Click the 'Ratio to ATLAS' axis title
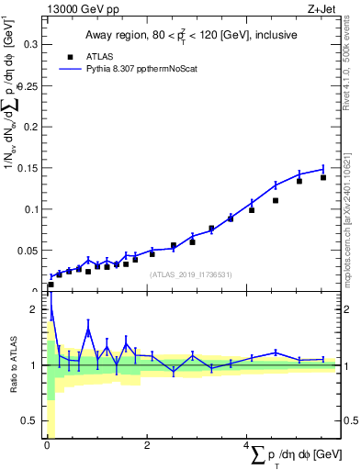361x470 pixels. (x=14, y=365)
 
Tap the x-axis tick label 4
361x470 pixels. (x=246, y=445)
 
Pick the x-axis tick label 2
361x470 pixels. (x=147, y=445)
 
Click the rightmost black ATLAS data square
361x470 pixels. (x=323, y=177)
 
